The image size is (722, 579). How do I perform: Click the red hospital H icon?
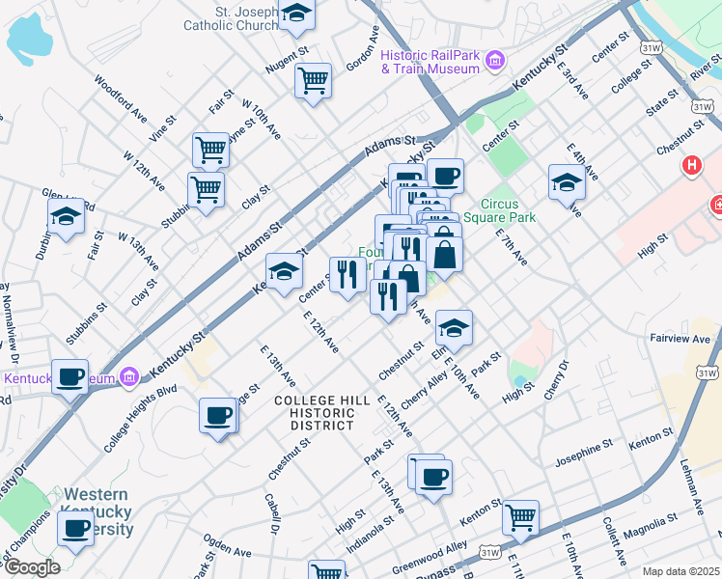[691, 166]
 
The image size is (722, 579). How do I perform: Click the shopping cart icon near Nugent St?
[313, 81]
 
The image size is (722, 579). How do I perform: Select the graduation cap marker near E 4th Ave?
[566, 181]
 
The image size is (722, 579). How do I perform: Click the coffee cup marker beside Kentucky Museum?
[69, 376]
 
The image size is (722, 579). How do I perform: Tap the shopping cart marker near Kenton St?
[519, 516]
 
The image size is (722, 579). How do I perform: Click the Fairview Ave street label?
[680, 339]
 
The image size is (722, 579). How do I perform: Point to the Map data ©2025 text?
[680, 571]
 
